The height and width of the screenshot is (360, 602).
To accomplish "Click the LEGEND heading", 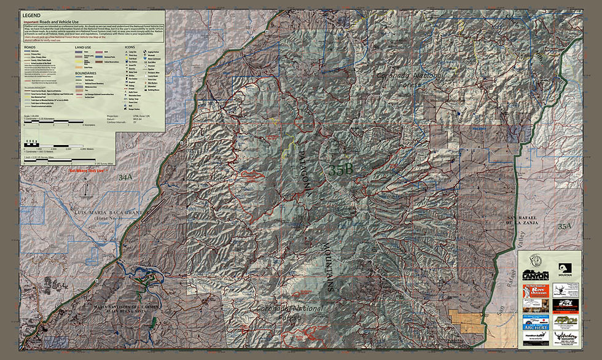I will (31, 14).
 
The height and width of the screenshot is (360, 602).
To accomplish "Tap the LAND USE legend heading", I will (83, 47).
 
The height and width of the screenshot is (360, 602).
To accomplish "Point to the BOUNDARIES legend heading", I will (85, 72).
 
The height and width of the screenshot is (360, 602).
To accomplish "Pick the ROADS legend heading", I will (29, 47).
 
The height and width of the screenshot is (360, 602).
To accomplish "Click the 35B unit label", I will (340, 171).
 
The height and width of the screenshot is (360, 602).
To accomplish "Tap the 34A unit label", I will (125, 178).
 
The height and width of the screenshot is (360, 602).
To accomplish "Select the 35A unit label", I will (564, 227).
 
